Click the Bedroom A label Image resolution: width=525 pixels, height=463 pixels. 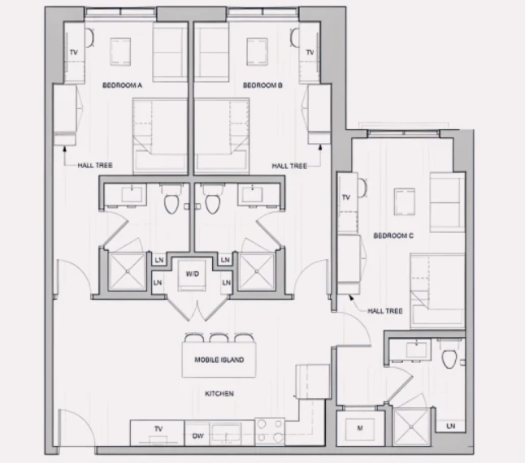tap(122, 85)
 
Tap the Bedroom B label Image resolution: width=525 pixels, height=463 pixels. tap(262, 85)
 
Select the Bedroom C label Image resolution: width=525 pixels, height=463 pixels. tap(393, 236)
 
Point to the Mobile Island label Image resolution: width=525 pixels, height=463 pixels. tap(219, 360)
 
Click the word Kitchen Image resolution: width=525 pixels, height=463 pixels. tap(219, 393)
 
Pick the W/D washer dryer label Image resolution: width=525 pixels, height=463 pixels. tap(192, 274)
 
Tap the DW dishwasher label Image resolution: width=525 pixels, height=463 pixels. tap(197, 436)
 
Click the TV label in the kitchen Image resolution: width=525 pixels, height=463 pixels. tap(158, 429)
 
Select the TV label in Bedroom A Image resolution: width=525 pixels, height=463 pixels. tap(74, 52)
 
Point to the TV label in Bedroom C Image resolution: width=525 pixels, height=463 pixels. tap(346, 197)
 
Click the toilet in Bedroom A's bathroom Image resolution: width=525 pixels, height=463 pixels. tap(171, 204)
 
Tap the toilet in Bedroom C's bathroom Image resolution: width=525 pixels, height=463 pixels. tap(449, 359)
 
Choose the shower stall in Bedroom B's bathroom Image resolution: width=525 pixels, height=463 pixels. tap(257, 271)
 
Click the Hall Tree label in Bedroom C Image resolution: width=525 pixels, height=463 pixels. tap(385, 311)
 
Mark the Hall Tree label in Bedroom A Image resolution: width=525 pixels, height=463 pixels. tap(95, 165)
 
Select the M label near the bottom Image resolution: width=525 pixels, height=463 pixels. tap(360, 427)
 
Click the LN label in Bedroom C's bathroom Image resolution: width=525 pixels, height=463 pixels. tap(451, 426)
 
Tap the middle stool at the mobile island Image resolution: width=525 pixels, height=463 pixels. tap(219, 338)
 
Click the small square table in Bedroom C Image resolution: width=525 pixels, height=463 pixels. tap(405, 201)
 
